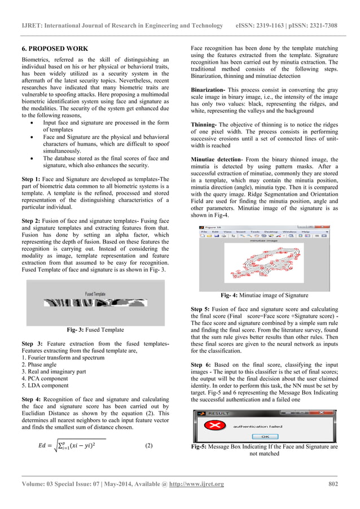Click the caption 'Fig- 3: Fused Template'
pyautogui.click(x=95, y=330)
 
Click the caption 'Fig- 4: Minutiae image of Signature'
pyautogui.click(x=264, y=295)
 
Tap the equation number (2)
pyautogui.click(x=148, y=446)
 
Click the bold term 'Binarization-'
pyautogui.click(x=209, y=90)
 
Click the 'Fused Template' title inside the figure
pyautogui.click(x=95, y=293)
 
